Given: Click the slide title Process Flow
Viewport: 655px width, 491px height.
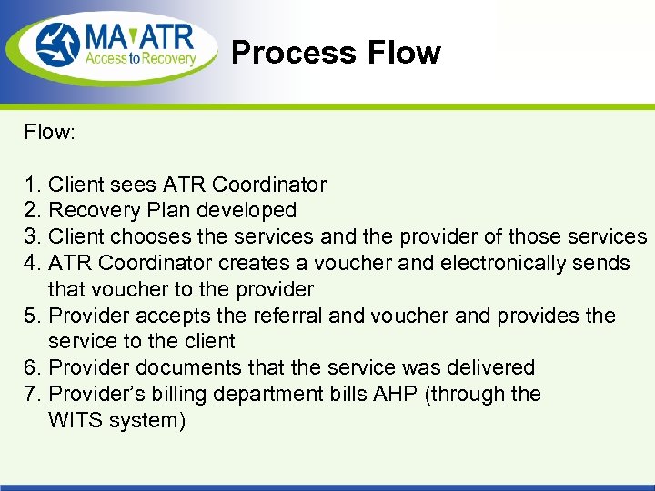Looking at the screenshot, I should click(x=336, y=53).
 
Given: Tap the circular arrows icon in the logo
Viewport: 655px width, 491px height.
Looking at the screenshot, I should click(x=59, y=45).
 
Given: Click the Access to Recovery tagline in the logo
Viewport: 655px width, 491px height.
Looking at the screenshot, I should click(x=141, y=59).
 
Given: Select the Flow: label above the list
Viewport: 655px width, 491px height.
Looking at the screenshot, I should click(x=50, y=133).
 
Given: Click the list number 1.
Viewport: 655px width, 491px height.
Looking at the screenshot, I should click(x=32, y=185).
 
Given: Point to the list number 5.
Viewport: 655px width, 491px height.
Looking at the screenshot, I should click(x=32, y=316).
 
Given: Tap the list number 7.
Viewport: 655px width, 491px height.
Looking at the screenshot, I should click(x=32, y=394).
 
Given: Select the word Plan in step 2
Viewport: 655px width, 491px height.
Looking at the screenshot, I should click(x=166, y=211).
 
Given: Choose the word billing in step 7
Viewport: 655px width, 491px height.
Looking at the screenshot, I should click(x=189, y=394).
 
